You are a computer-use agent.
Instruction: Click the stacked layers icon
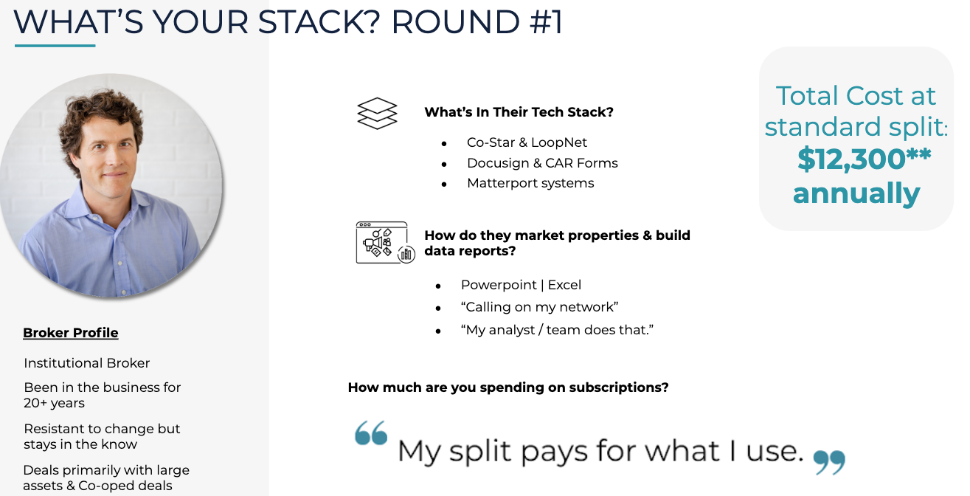coord(377,113)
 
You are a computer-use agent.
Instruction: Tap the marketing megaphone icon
coord(385,243)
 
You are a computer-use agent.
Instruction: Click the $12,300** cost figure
coord(864,159)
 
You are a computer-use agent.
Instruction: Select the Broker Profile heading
coord(71,333)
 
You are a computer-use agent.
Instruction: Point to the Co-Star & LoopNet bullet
coord(527,142)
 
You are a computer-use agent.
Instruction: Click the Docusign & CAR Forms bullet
coord(542,163)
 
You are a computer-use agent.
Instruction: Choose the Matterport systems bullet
coord(530,183)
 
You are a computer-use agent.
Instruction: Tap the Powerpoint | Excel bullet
coord(521,285)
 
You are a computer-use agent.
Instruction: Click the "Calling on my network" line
coord(539,307)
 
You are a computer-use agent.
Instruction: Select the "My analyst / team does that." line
coord(558,330)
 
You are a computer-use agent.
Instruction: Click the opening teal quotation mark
coord(371,433)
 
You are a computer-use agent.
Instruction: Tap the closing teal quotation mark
coord(829,462)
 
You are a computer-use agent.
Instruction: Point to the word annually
coord(856,193)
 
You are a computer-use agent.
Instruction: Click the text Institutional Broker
coord(86,363)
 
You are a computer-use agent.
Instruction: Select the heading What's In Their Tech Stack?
coord(519,112)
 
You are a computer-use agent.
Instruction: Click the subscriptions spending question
coord(508,387)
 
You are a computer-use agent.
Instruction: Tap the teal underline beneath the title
coord(55,45)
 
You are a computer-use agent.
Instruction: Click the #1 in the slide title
coord(546,22)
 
